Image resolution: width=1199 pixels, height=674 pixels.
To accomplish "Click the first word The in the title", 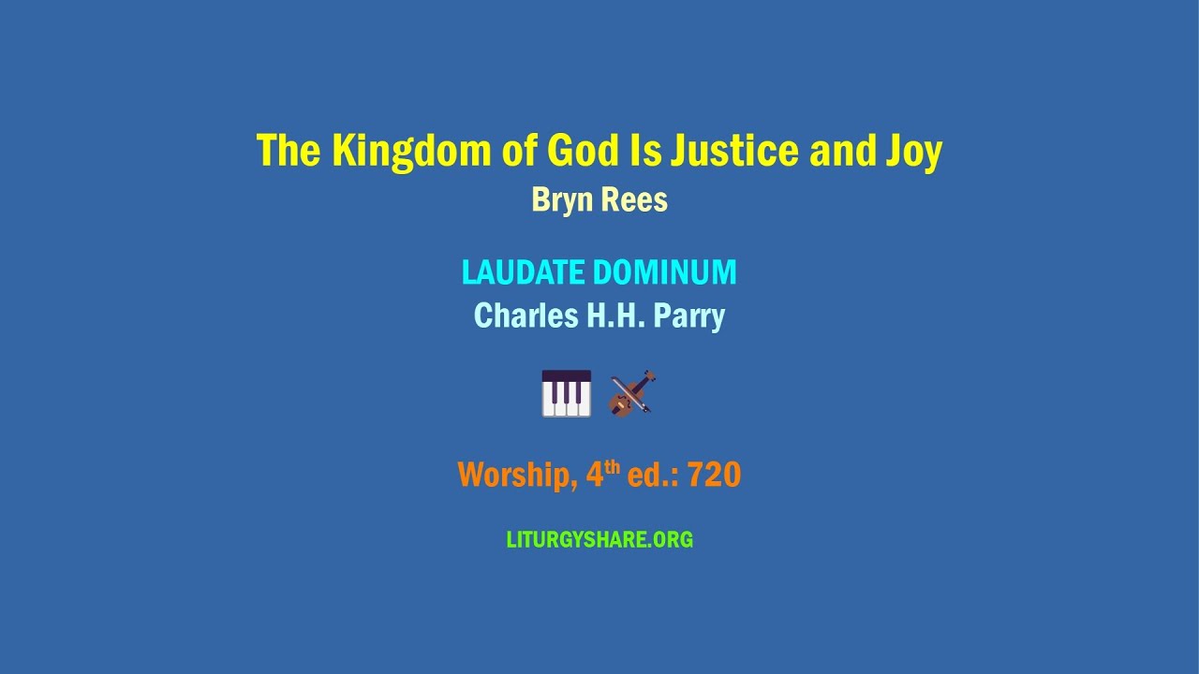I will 289,152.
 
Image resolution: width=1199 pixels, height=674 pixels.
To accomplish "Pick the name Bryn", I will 558,200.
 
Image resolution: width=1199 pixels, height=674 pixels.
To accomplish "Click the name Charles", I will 525,316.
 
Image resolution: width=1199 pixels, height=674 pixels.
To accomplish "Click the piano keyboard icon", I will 567,393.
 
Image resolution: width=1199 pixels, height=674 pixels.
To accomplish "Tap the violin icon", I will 631,393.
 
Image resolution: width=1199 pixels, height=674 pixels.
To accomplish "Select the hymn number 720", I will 714,476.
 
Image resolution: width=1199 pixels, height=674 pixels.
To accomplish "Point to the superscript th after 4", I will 613,466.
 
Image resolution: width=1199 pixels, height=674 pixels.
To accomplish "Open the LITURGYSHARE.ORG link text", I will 599,540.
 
